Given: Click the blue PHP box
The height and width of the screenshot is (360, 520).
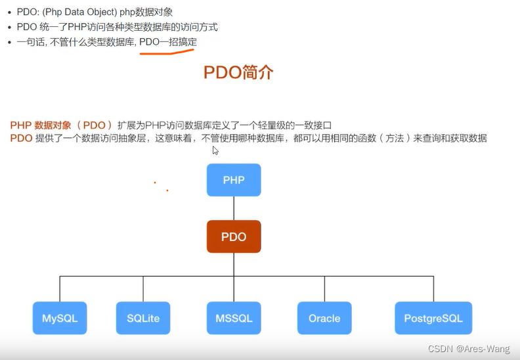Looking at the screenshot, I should point(234,180).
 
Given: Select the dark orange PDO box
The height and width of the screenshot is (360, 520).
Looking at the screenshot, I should point(234,236).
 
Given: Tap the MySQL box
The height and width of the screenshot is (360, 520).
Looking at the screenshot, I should point(60,318).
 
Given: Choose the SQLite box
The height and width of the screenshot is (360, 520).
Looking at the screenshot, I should point(143,318).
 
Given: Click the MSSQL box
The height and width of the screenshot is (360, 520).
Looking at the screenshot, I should point(234,318).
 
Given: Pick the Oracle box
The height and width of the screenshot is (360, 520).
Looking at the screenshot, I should point(324,318).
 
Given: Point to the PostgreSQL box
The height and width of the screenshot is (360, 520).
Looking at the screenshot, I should point(433,318).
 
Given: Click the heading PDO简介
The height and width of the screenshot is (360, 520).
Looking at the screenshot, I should point(238,72).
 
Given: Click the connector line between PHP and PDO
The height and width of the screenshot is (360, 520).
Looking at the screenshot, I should point(234,208).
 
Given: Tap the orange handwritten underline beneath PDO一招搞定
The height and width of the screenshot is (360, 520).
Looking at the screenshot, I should point(167,51).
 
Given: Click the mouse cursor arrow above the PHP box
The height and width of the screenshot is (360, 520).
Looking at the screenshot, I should point(215,150).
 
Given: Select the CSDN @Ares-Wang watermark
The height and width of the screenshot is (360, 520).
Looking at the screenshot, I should point(469,349).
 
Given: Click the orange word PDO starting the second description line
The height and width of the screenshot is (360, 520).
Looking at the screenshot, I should point(21,138).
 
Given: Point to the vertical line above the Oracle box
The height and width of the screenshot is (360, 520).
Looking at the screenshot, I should point(324,289).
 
